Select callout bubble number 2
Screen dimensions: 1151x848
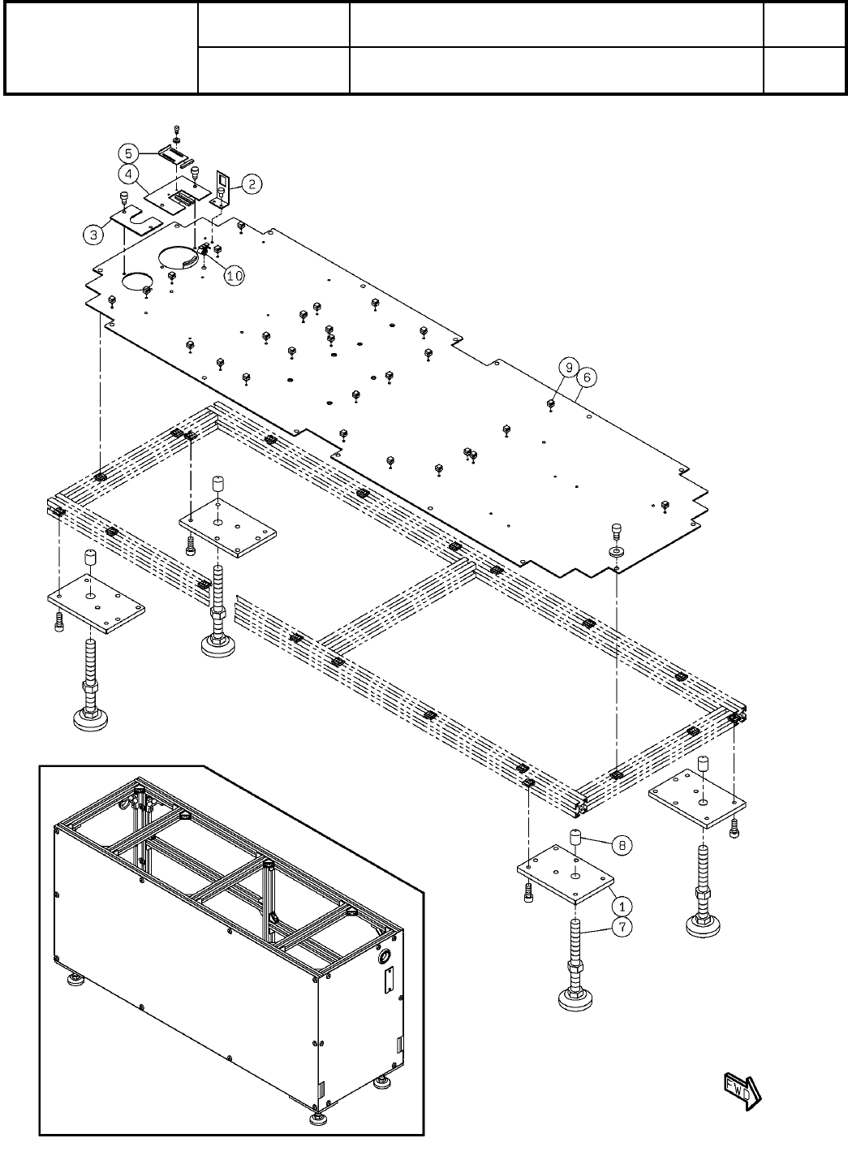point(252,185)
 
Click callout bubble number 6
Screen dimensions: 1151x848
point(588,377)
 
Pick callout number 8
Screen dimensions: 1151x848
point(622,845)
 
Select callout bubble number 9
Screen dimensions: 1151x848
point(569,367)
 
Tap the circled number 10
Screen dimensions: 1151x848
point(234,276)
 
